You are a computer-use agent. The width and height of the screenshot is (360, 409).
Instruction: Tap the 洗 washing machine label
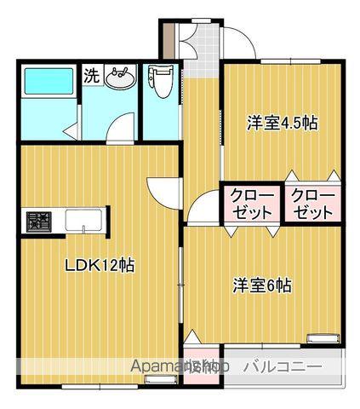pos(91,74)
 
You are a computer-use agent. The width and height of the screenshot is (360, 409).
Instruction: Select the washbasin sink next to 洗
pos(121,78)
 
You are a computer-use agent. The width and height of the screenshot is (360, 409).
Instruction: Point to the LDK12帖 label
pos(100,265)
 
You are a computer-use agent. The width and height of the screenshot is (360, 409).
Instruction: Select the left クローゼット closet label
pos(252,204)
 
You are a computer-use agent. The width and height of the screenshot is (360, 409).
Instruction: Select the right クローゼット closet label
pos(314,204)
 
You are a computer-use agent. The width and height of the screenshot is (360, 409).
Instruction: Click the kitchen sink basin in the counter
pos(83,221)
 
